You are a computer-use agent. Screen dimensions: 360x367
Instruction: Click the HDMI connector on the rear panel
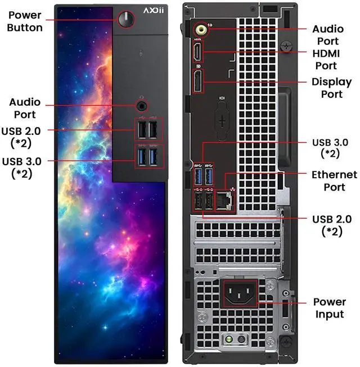point(198,53)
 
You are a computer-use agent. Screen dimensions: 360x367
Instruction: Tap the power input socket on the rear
point(241,293)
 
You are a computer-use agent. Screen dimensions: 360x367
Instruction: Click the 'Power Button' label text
point(24,21)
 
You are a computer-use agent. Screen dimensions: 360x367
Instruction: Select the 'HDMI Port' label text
point(332,60)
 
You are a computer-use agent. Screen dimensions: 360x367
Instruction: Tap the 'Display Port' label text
point(332,88)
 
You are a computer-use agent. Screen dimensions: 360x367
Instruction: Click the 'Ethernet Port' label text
point(334,181)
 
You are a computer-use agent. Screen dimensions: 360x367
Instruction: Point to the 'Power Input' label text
point(329,308)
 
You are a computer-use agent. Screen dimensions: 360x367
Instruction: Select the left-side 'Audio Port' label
point(25,108)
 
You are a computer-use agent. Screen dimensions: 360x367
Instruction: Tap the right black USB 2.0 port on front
point(154,130)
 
